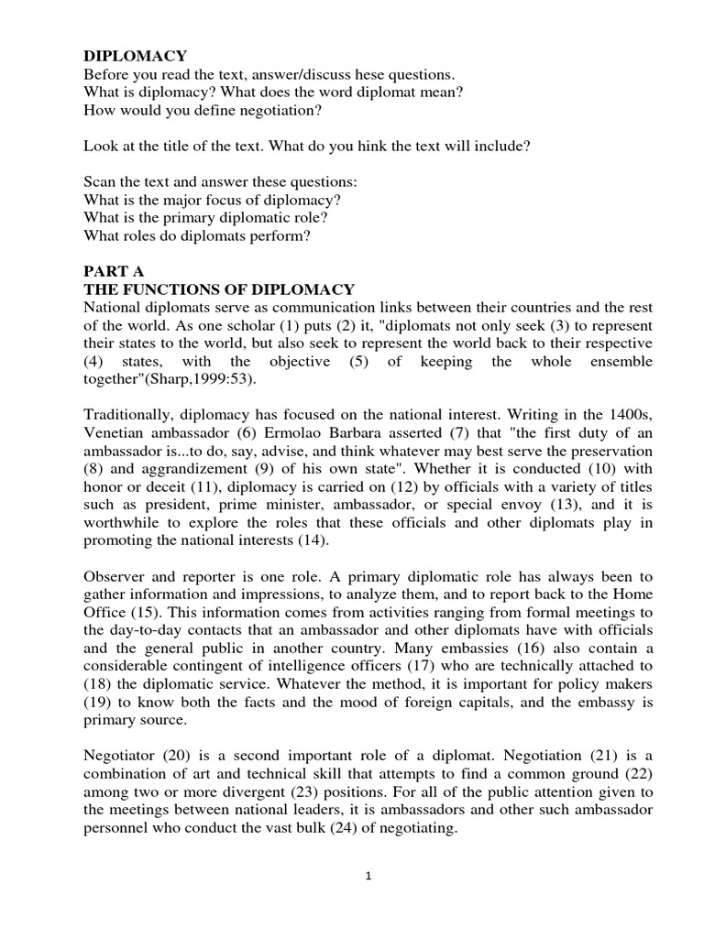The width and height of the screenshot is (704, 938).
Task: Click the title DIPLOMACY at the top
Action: (135, 57)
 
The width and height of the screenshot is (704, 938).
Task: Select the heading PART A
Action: (114, 272)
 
